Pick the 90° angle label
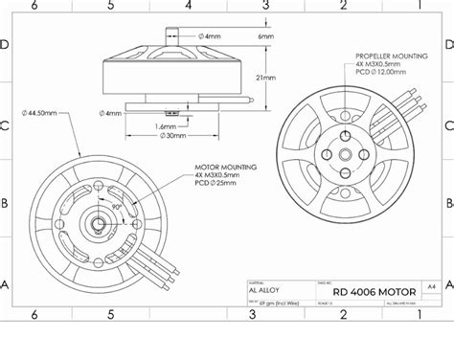click(115, 205)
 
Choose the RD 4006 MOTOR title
click(375, 288)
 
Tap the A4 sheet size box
click(431, 285)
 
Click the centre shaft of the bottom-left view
click(99, 223)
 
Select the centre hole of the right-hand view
click(344, 152)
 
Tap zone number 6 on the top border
click(34, 6)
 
